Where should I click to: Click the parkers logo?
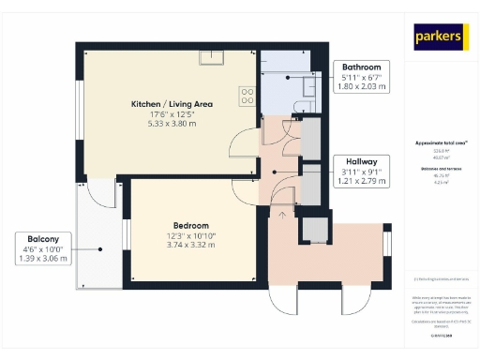pos(440,37)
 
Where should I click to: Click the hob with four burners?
pos(249,95)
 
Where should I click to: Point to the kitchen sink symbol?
pos(217,54)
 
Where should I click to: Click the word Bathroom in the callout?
pos(361,67)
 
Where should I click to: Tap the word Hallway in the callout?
pos(361,161)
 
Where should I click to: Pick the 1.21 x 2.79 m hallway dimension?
pos(361,181)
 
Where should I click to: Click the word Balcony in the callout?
pos(42,239)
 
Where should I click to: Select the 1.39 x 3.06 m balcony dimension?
pos(42,259)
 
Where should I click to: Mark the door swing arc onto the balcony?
pos(101,192)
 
